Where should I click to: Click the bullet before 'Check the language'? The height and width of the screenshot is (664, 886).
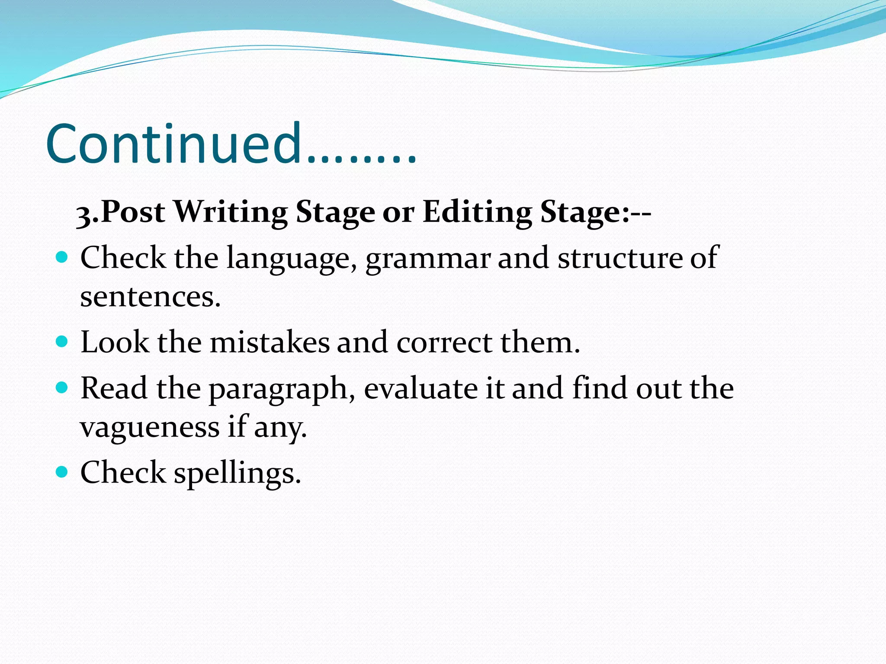pos(62,258)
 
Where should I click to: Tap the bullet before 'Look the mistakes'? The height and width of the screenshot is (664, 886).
pos(62,342)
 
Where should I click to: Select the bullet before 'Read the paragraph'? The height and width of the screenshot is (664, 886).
pos(62,387)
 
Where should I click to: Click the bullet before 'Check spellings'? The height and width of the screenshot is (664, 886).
pos(62,472)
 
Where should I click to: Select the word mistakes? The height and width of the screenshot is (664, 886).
pos(270,342)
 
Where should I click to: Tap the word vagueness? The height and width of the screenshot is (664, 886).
pos(150,428)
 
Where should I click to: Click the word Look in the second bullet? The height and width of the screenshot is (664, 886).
pos(115,342)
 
